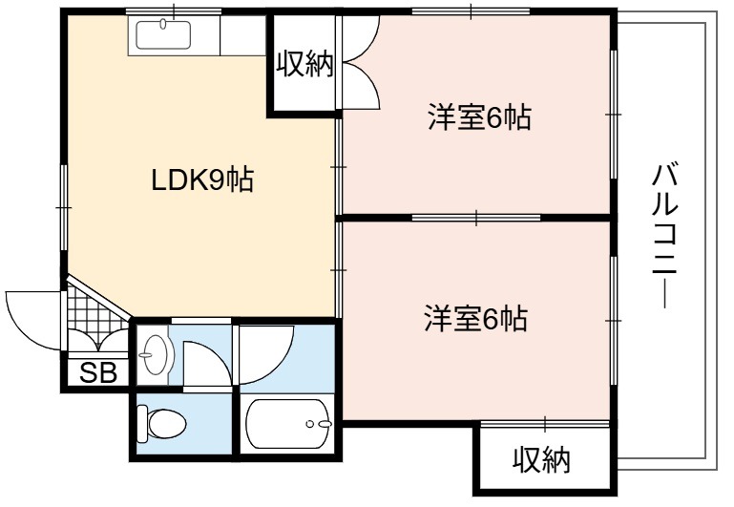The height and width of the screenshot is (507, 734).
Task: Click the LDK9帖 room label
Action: pyautogui.click(x=202, y=180)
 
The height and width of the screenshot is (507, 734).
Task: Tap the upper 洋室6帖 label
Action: pyautogui.click(x=480, y=117)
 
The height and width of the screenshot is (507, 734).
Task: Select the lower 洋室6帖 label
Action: pyautogui.click(x=476, y=319)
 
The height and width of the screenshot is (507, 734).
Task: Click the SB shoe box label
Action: pyautogui.click(x=98, y=372)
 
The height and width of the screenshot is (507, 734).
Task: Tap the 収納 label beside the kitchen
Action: pyautogui.click(x=305, y=64)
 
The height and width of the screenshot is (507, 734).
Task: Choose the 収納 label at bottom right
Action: pyautogui.click(x=542, y=459)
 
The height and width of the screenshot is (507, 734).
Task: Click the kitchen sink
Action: pyautogui.click(x=163, y=34)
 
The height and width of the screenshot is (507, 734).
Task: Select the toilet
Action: pyautogui.click(x=161, y=424)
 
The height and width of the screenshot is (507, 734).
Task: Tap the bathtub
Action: pyautogui.click(x=289, y=424)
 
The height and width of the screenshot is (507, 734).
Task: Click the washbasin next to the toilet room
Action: pyautogui.click(x=155, y=354)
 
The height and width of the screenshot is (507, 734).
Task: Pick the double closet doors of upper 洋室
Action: pyautogui.click(x=361, y=62)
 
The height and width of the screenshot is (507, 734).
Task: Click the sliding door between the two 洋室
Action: pyautogui.click(x=476, y=218)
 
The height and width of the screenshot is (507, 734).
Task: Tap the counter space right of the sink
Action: pyautogui.click(x=243, y=35)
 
